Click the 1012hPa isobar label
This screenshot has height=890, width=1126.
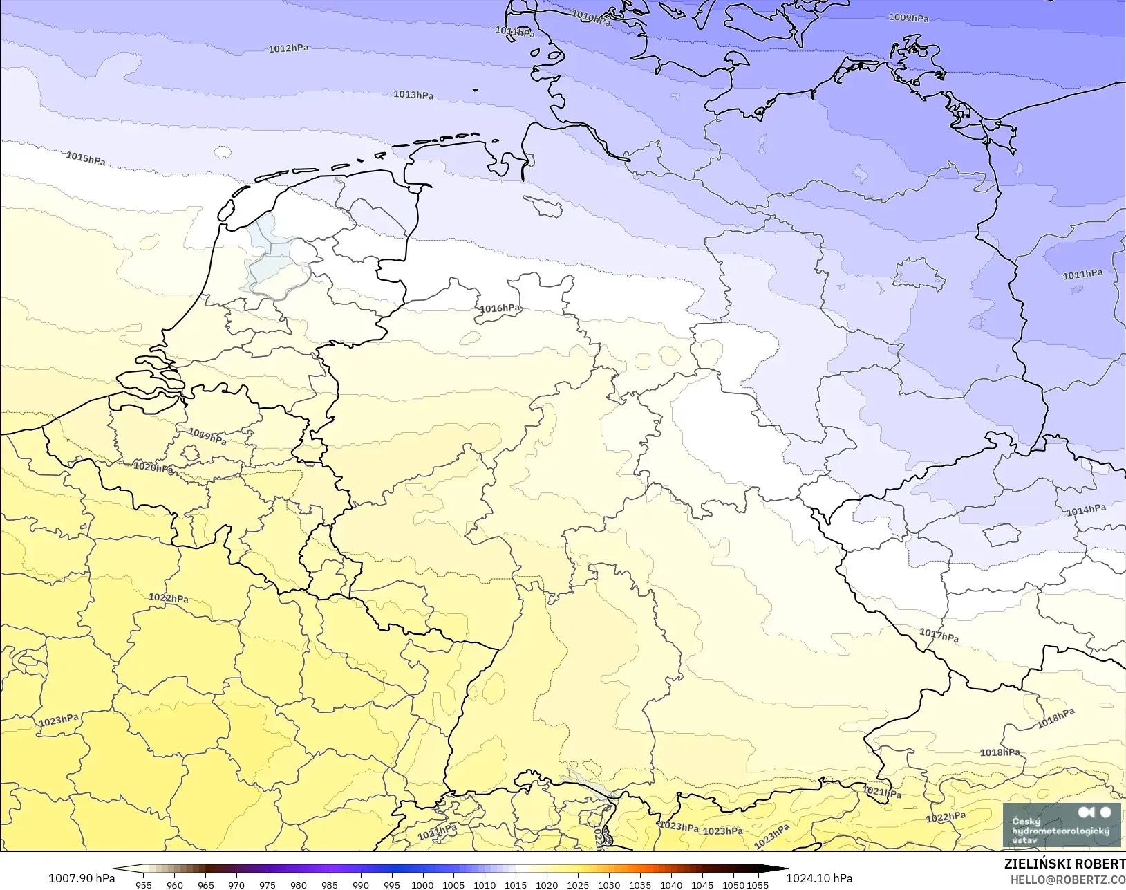click(x=288, y=49)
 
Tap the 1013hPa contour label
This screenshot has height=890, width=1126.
click(x=413, y=95)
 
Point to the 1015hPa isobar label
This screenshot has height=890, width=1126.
click(x=86, y=158)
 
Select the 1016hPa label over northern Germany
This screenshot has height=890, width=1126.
click(x=500, y=308)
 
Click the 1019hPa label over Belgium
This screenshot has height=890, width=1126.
click(x=207, y=436)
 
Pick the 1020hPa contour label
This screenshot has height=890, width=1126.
click(x=153, y=467)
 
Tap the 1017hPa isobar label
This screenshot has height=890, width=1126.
click(x=939, y=635)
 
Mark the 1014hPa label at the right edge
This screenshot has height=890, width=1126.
click(x=1086, y=510)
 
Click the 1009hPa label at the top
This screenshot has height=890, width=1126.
click(x=908, y=18)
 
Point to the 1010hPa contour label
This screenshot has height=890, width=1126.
click(x=591, y=18)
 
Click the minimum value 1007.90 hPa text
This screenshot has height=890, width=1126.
click(x=82, y=878)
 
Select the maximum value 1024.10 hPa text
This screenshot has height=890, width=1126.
click(x=819, y=878)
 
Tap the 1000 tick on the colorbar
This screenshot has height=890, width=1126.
click(x=422, y=884)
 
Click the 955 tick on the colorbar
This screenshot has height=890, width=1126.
click(x=144, y=884)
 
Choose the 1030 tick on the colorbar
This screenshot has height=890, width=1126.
click(x=608, y=884)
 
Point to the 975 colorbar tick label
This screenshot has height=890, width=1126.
click(x=268, y=884)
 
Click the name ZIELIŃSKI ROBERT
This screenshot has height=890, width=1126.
click(x=1064, y=864)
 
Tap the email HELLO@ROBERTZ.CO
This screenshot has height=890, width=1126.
click(x=1068, y=880)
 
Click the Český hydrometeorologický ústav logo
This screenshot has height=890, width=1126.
click(x=1062, y=824)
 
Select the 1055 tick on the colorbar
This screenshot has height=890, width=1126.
click(x=758, y=884)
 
